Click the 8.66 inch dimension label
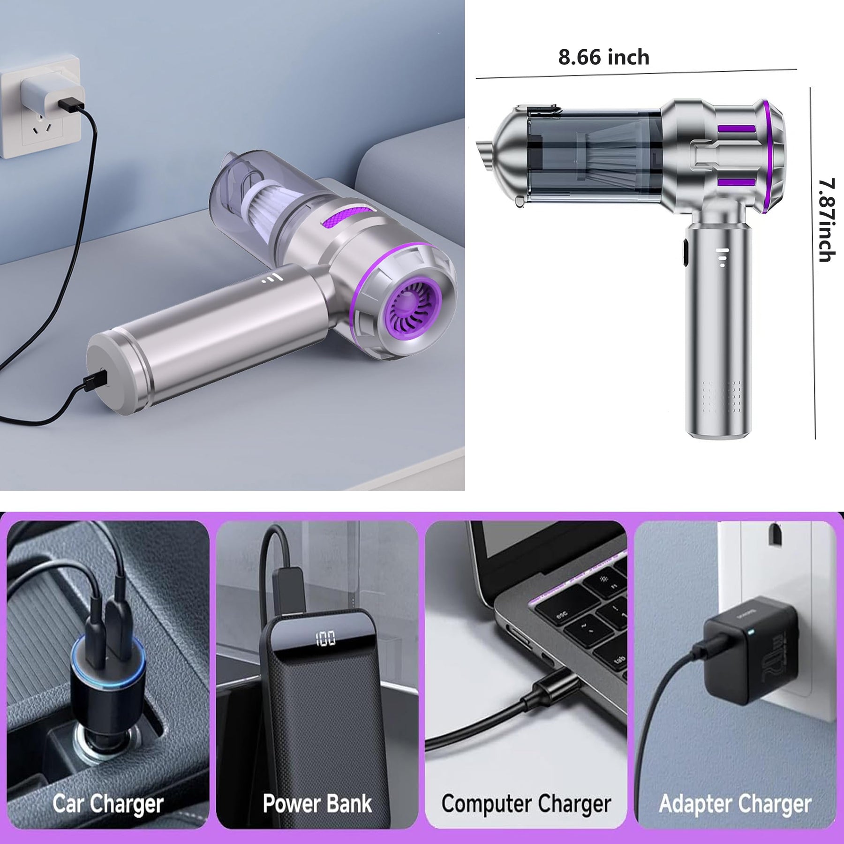click(603, 57)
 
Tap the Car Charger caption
click(108, 804)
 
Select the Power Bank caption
click(317, 803)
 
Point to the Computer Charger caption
click(526, 804)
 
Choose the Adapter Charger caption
click(735, 804)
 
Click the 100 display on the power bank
click(325, 638)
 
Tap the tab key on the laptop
click(618, 661)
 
